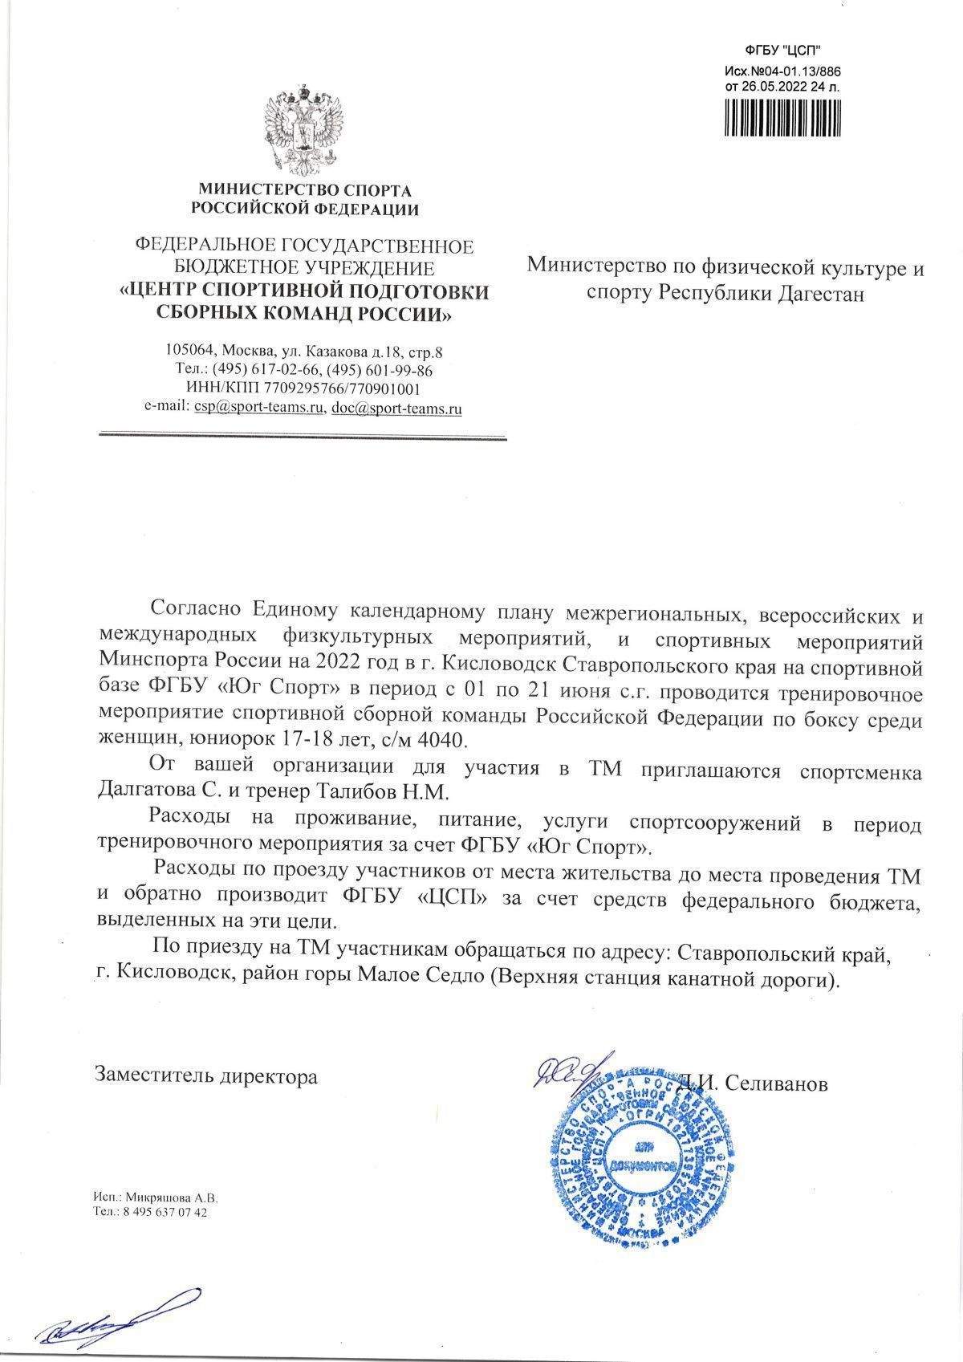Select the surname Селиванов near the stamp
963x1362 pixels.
point(775,1083)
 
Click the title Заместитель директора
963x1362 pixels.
point(206,1076)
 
